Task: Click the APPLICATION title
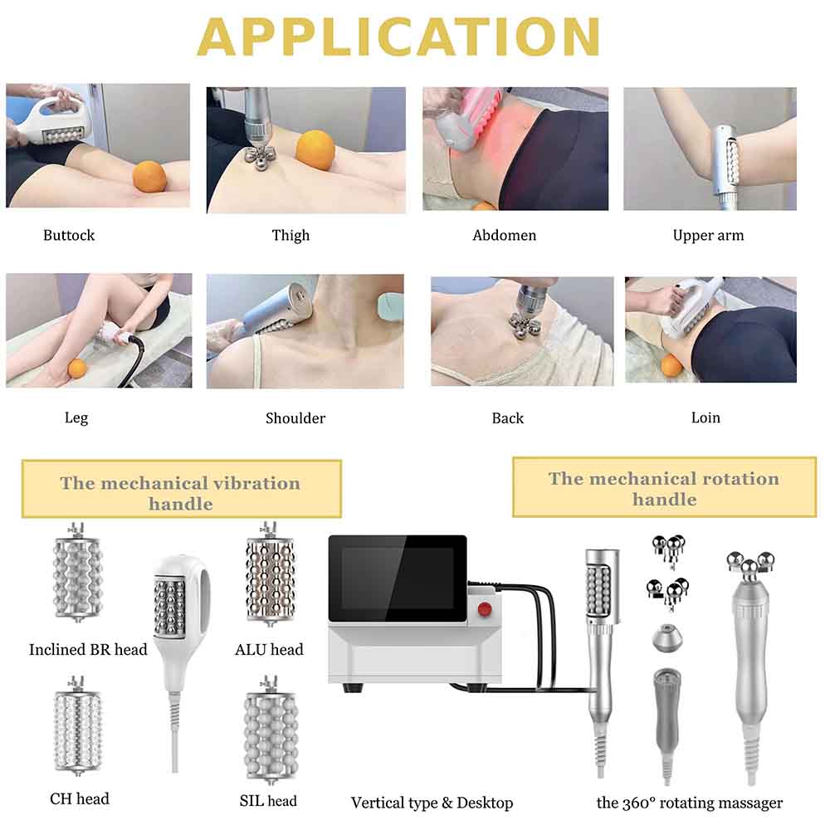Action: [398, 37]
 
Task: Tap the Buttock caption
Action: [69, 235]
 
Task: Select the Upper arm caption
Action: [708, 236]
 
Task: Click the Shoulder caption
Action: [295, 418]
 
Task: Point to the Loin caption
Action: [705, 417]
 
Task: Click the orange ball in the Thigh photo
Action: [315, 151]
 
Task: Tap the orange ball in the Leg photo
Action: [76, 368]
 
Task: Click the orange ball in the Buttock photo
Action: [149, 178]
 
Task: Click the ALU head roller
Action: [270, 574]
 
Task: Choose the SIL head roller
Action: [271, 730]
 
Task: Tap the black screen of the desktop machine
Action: [398, 578]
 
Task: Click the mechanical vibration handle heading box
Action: [182, 489]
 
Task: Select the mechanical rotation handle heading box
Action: [664, 487]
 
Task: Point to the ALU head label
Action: [270, 650]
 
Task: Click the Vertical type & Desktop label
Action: [432, 803]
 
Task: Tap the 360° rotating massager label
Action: [690, 803]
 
